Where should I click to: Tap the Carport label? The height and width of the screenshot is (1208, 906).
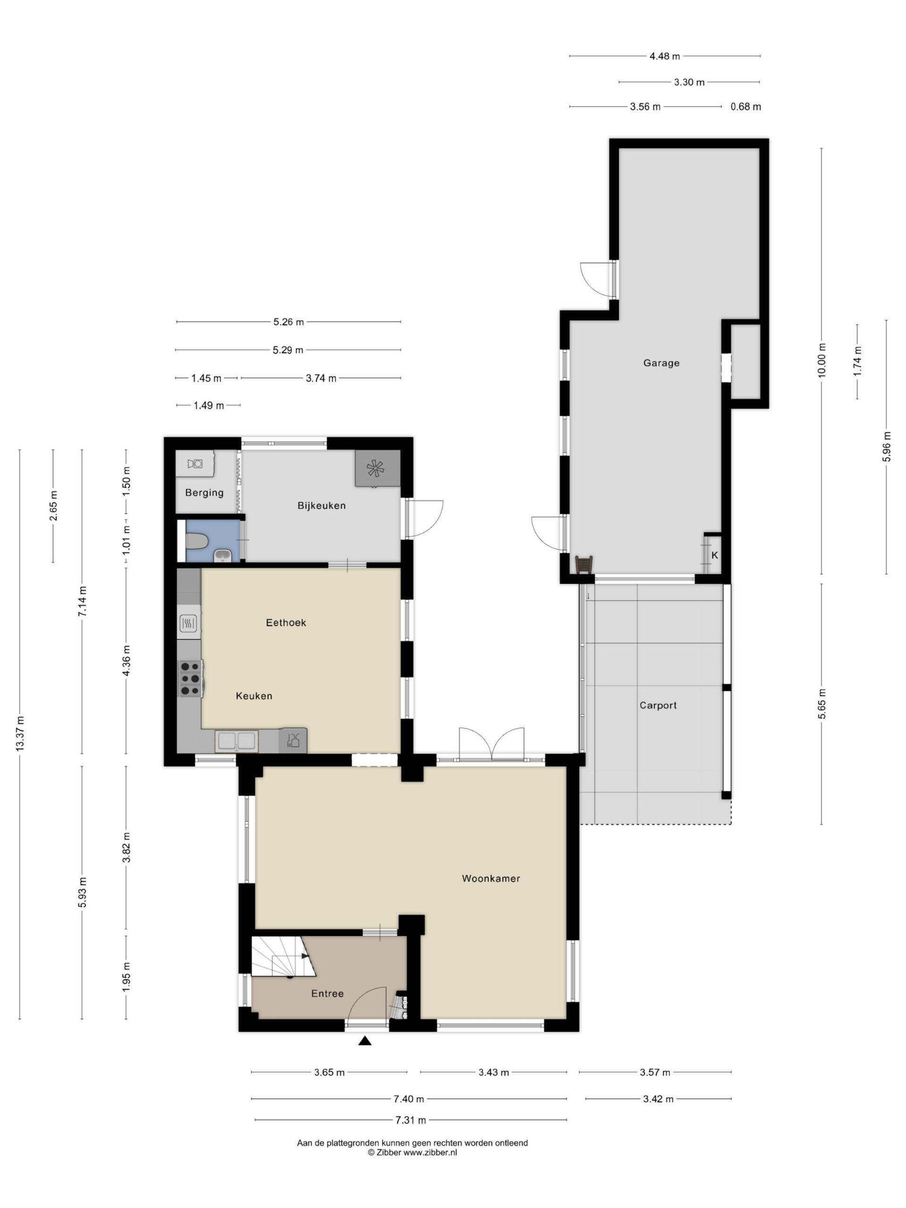(x=658, y=705)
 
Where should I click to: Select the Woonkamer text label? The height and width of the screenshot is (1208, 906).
(x=490, y=879)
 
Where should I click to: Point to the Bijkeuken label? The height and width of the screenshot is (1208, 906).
(x=321, y=506)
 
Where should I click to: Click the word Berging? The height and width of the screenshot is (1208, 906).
(x=204, y=493)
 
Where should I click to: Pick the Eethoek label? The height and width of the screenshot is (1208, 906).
(x=285, y=622)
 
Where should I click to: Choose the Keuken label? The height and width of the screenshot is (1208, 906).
(x=254, y=696)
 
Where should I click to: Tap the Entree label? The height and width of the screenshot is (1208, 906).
(x=327, y=993)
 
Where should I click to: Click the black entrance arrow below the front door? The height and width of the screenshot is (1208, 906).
(x=365, y=1041)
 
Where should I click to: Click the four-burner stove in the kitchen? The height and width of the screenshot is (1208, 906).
(x=191, y=678)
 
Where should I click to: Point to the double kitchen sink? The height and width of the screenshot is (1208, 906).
(x=236, y=741)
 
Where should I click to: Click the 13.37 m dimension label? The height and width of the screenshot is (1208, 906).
(x=20, y=733)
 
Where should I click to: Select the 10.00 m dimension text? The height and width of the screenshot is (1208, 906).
(x=822, y=360)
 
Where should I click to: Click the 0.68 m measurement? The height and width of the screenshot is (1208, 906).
(x=746, y=107)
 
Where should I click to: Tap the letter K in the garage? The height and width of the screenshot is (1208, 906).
(x=714, y=555)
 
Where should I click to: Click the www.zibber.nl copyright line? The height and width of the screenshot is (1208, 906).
(x=412, y=1152)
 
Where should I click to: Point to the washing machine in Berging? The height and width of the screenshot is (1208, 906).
(x=194, y=464)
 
